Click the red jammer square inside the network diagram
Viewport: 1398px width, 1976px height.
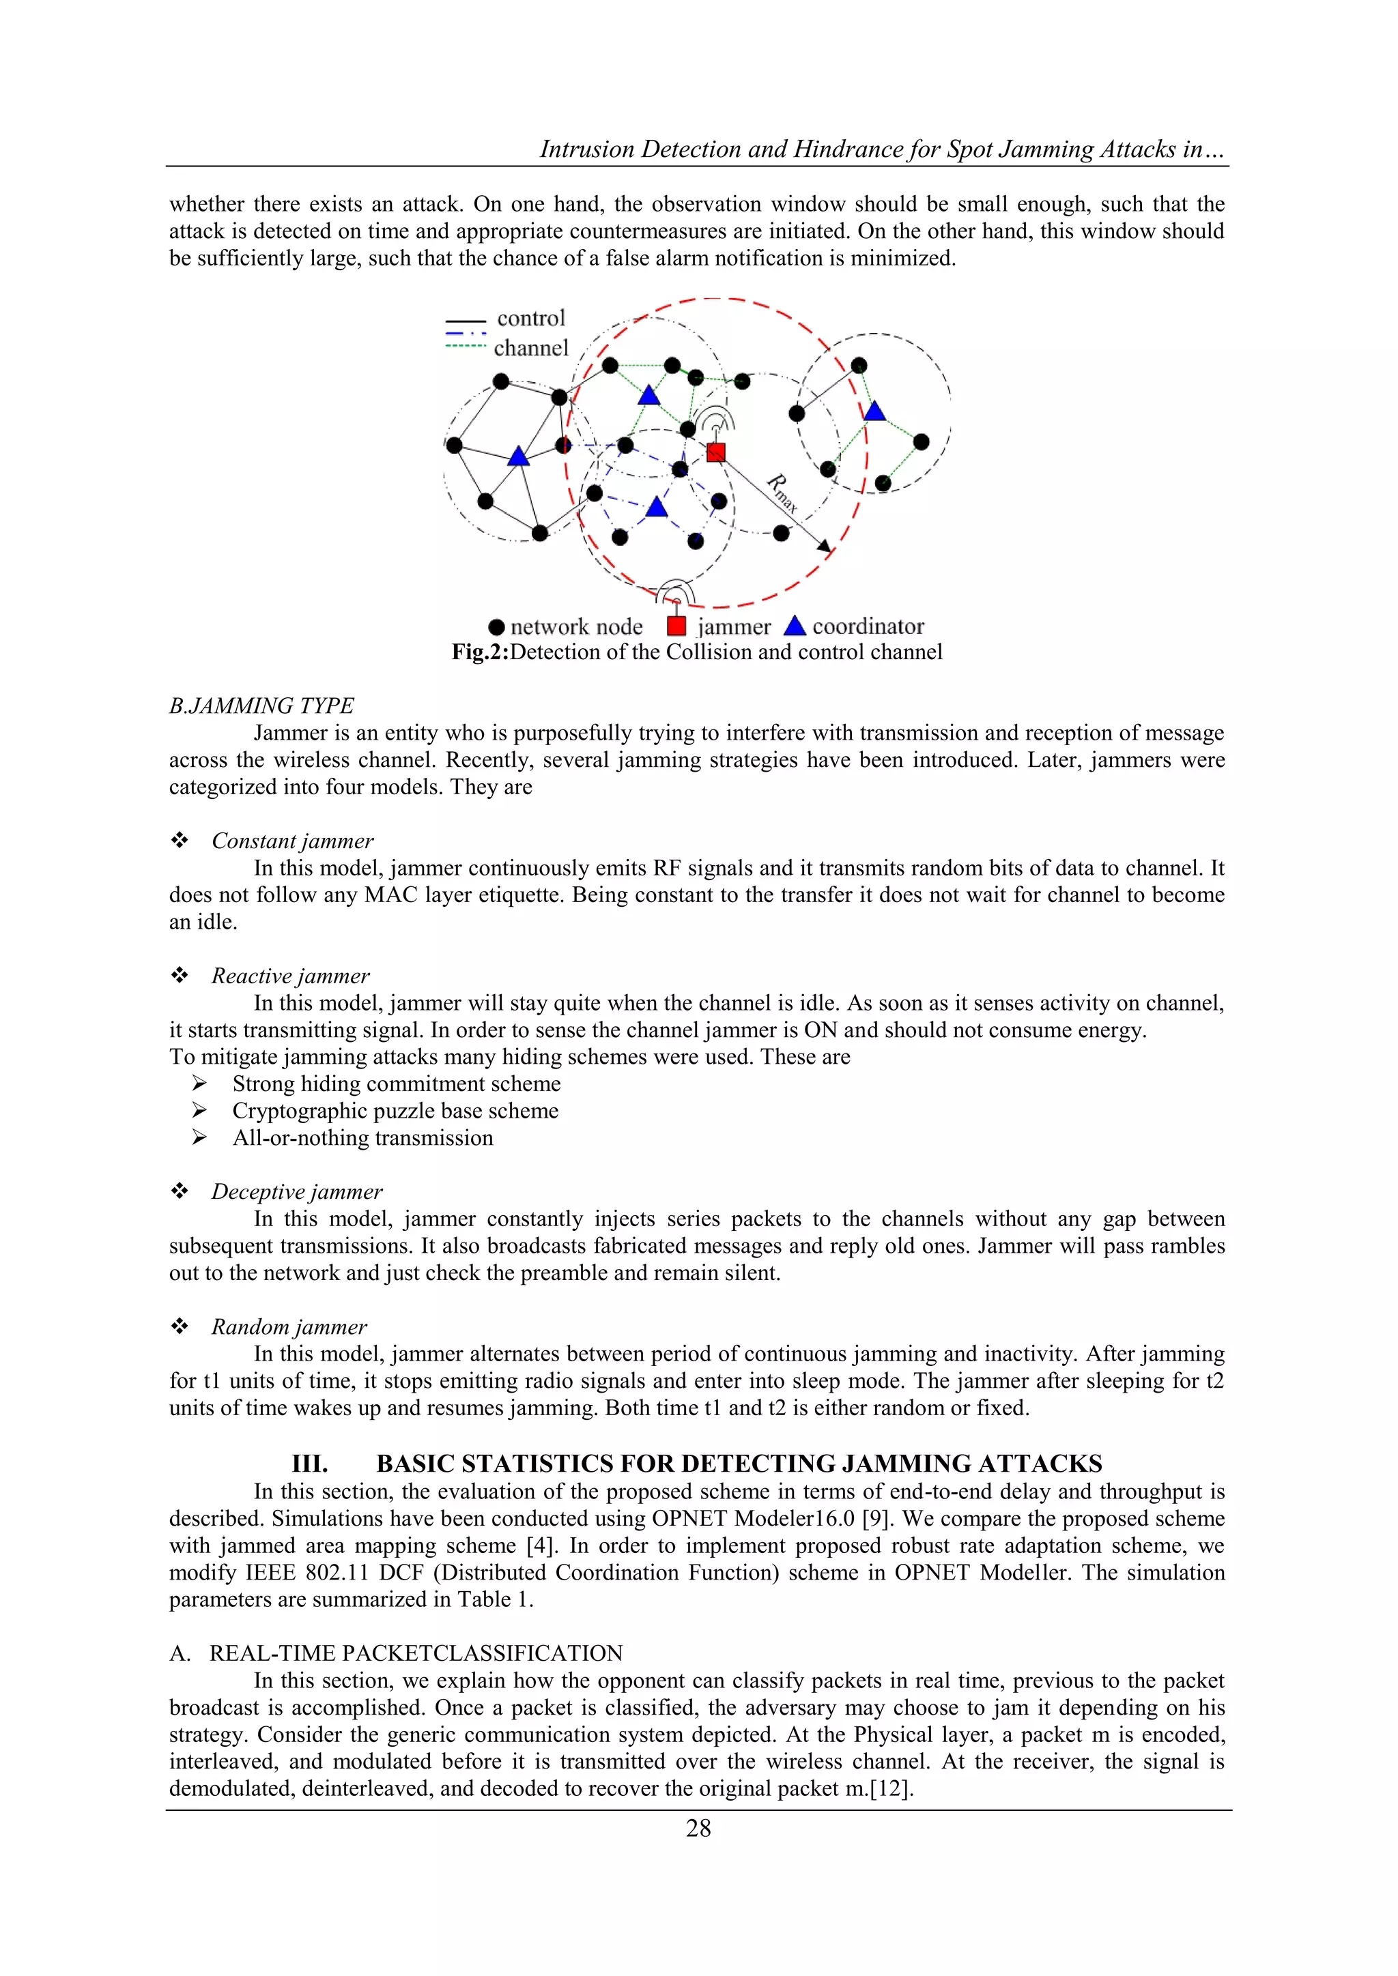point(715,452)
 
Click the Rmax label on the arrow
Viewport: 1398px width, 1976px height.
point(782,493)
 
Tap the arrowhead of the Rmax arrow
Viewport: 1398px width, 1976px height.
point(825,546)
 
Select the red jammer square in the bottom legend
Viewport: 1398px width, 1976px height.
point(676,626)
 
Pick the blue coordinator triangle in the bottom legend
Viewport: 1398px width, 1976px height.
point(795,625)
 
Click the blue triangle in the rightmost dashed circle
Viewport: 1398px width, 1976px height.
point(874,411)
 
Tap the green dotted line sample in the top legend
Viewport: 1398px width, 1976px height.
point(466,346)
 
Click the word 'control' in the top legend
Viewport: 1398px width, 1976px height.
point(531,319)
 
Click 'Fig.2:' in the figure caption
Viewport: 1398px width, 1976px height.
point(481,652)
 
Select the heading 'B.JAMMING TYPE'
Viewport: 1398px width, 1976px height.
point(261,706)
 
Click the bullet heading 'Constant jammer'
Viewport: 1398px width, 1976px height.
point(293,841)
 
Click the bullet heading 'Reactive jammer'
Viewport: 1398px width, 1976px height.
point(290,976)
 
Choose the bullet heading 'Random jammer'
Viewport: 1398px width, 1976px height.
point(289,1326)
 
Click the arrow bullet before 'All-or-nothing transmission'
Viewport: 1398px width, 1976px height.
point(199,1137)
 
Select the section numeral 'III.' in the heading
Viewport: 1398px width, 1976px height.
point(310,1464)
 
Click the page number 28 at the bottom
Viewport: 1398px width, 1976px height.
point(698,1828)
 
